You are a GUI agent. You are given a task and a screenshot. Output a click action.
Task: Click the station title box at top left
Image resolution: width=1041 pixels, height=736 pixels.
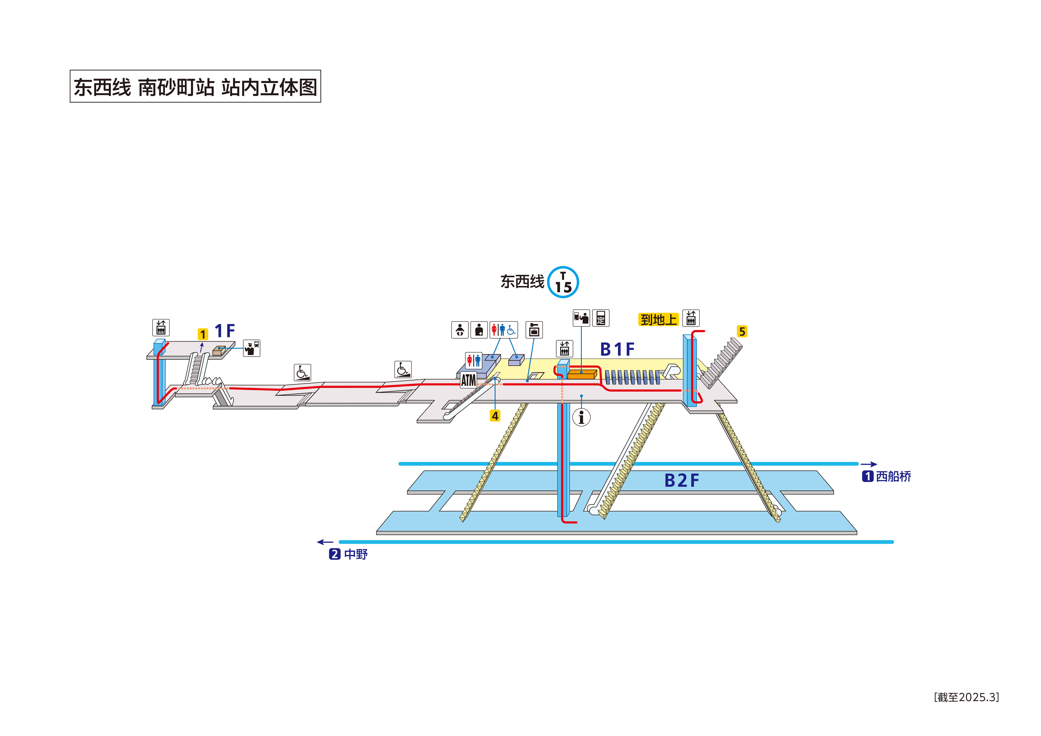(x=195, y=86)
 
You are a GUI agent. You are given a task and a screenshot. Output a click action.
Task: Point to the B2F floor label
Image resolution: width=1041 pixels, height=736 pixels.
(x=682, y=481)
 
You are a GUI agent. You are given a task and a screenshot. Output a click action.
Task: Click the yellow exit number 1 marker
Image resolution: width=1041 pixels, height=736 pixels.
(x=203, y=334)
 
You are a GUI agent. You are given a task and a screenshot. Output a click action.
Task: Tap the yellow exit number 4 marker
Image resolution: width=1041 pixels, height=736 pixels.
(x=495, y=415)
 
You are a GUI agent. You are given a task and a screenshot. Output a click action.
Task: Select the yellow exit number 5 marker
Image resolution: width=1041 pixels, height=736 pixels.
(x=742, y=331)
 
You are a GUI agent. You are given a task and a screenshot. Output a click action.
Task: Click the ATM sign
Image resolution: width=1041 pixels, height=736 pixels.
(x=468, y=380)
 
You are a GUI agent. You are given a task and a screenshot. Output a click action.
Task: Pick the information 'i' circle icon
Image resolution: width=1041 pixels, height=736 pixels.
(x=581, y=417)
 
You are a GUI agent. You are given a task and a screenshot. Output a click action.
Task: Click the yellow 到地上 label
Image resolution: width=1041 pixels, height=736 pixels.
(x=658, y=320)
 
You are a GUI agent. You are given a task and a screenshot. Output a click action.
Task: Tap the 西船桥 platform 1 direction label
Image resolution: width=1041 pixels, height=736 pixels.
(x=886, y=476)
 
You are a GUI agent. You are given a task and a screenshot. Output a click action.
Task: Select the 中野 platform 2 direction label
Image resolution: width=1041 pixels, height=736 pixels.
(x=348, y=554)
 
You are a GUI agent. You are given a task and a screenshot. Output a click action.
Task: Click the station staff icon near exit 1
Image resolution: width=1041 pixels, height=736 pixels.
(x=252, y=348)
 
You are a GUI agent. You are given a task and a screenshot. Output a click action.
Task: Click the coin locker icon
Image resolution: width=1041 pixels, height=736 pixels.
(x=534, y=330)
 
